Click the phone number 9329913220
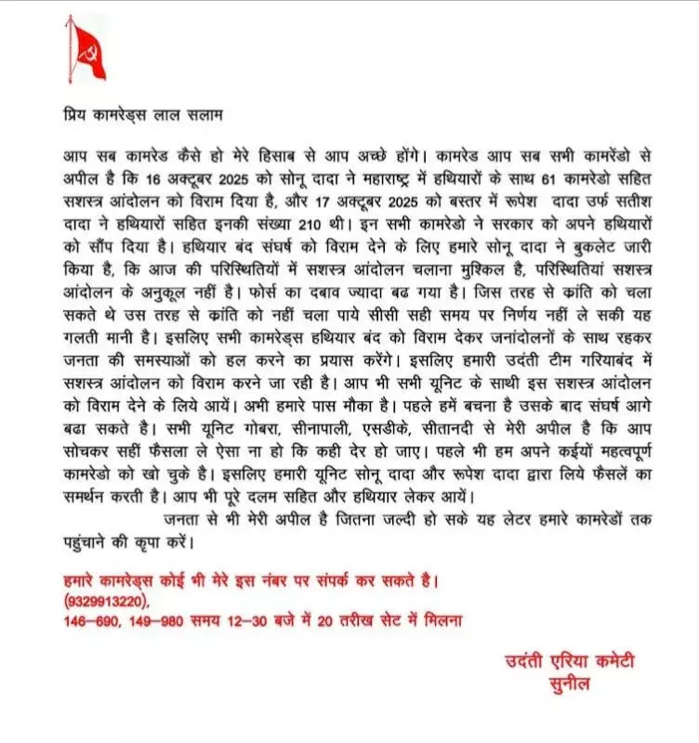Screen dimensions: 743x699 pyautogui.click(x=108, y=602)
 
